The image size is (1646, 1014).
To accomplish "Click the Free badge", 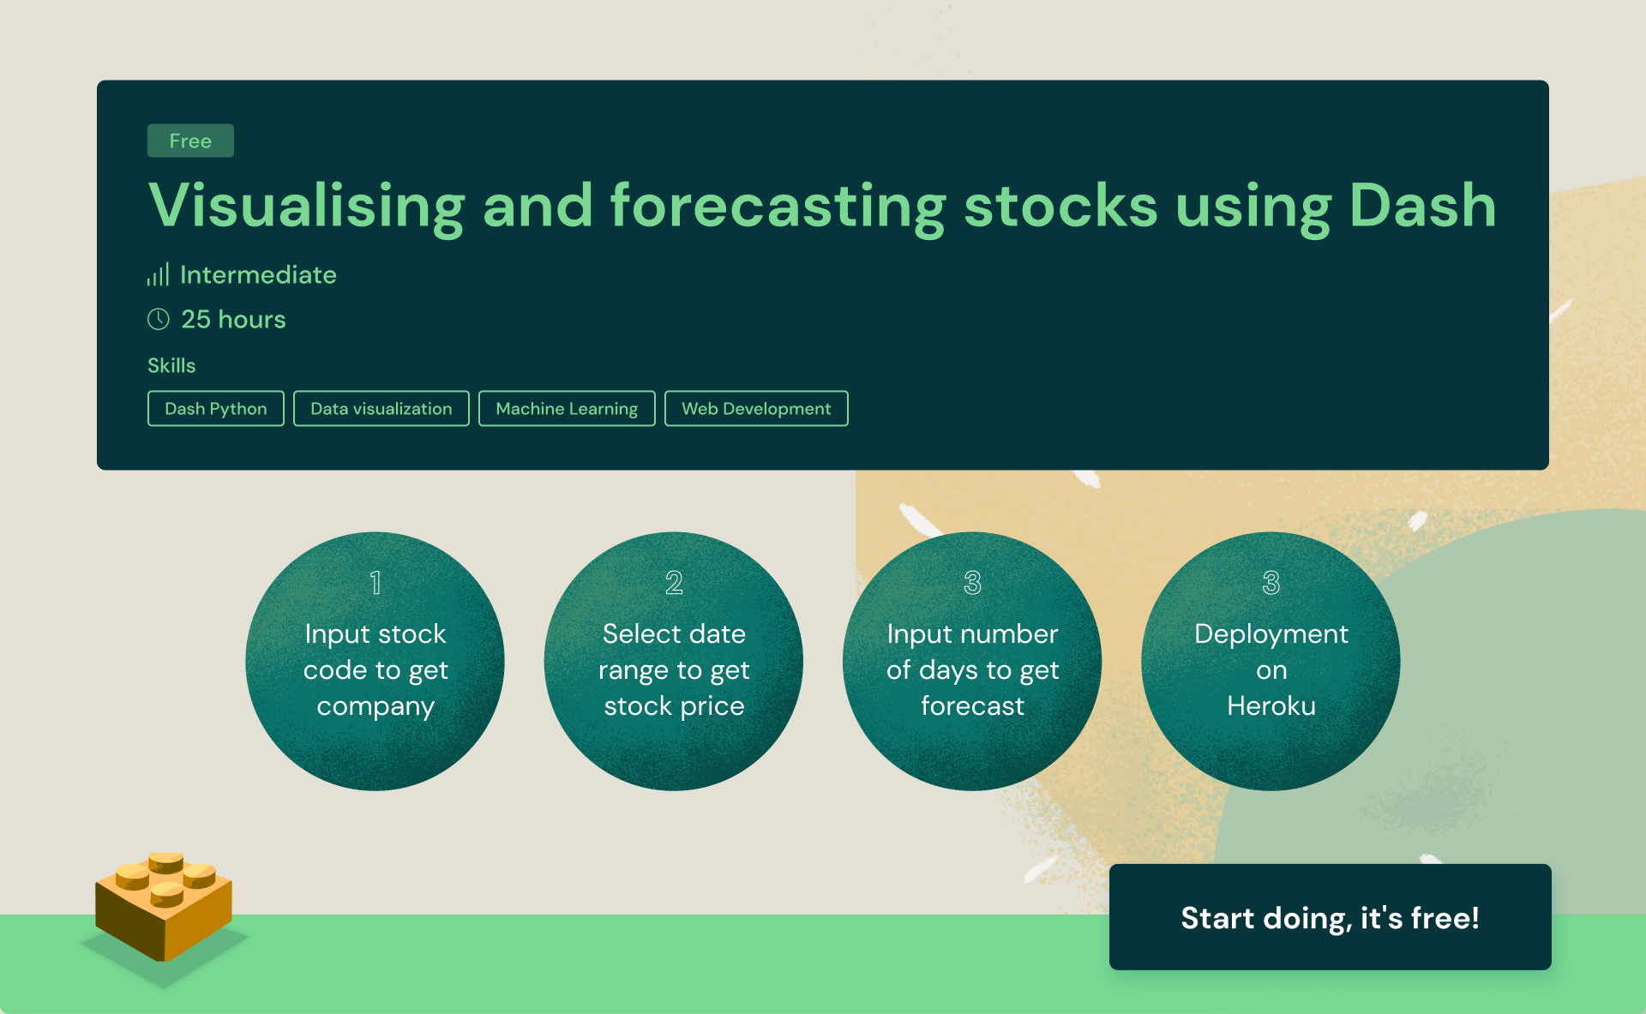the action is (190, 141).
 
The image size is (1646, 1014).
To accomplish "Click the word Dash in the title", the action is (1422, 206).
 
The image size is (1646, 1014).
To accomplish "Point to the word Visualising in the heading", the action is (306, 207).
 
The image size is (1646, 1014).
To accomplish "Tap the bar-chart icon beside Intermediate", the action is (158, 274).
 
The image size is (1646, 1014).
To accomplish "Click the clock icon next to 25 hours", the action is (159, 320).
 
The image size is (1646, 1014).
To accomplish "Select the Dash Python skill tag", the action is (216, 409).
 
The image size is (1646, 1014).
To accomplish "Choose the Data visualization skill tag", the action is (381, 409).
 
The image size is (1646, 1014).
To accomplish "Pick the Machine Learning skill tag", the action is (567, 409).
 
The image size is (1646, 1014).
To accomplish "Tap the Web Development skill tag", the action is (756, 409).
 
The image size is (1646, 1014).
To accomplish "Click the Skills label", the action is (171, 366).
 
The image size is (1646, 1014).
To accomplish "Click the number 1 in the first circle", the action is (375, 583).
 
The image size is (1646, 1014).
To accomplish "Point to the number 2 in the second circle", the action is (674, 583).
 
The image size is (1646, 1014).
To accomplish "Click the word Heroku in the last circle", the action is (1271, 705).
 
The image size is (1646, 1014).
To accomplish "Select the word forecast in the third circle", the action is (972, 705).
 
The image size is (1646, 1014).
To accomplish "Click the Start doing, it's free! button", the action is (1331, 917).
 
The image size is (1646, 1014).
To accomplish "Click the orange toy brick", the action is (164, 905).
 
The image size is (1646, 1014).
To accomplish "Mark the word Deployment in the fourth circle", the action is (1271, 635).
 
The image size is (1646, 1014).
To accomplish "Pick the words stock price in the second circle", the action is (674, 706).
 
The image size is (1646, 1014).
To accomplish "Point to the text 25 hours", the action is (233, 320).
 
